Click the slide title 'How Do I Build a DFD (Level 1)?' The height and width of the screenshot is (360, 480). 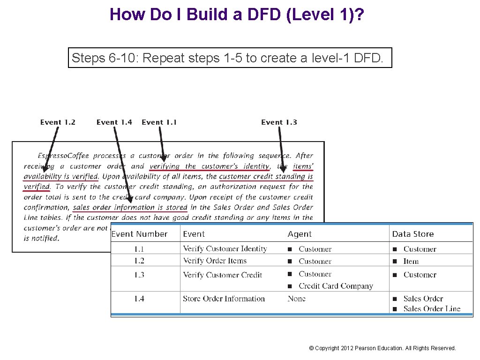(x=237, y=15)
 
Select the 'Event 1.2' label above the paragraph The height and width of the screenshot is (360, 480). (x=58, y=122)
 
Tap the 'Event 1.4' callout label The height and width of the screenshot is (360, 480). (x=114, y=122)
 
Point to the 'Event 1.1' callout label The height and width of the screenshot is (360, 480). (x=159, y=122)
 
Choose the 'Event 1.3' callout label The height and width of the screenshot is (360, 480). (x=279, y=122)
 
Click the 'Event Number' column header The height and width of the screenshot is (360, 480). (x=139, y=234)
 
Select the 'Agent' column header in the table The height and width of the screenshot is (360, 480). (x=300, y=234)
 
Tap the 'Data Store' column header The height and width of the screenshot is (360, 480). (x=412, y=234)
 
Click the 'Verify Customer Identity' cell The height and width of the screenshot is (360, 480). (x=225, y=249)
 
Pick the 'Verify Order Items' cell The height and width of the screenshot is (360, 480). (x=214, y=261)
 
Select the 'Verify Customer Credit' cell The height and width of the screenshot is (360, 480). (x=222, y=275)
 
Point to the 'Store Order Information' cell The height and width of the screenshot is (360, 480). (x=224, y=299)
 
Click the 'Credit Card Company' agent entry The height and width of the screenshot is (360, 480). (x=336, y=286)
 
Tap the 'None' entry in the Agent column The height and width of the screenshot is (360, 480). (x=296, y=299)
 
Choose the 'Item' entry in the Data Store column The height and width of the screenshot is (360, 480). (x=411, y=261)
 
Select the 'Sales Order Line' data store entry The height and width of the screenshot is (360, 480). (x=432, y=308)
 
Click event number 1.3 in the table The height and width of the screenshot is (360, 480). (x=139, y=275)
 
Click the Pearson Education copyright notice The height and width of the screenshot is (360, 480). (x=382, y=348)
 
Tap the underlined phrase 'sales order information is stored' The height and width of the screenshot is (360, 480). (x=130, y=207)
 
